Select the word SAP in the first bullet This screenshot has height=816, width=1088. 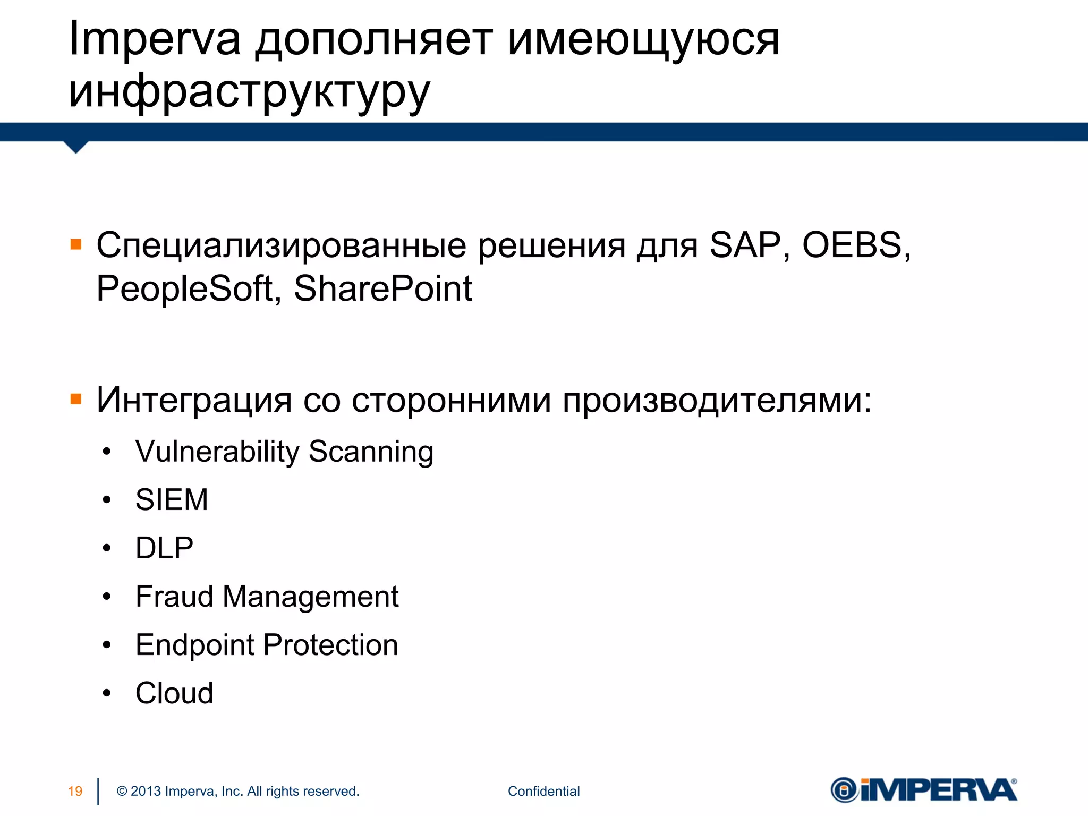click(745, 245)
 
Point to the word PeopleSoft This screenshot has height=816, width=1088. click(184, 289)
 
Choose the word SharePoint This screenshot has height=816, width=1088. click(382, 289)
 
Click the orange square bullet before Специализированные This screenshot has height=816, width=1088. click(76, 244)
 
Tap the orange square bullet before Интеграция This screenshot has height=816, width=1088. click(76, 399)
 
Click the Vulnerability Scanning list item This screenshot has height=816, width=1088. click(284, 452)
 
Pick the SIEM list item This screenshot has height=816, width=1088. click(172, 500)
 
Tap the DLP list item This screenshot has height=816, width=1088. click(164, 548)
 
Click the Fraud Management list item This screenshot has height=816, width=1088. click(267, 597)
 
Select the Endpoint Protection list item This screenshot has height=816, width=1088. click(267, 645)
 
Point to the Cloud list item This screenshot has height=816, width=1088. click(174, 693)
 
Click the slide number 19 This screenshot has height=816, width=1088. click(75, 791)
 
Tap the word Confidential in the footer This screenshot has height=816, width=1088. click(543, 791)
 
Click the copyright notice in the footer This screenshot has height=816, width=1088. click(238, 791)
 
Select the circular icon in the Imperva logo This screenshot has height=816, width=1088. click(844, 790)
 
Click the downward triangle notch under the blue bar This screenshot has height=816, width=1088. click(76, 146)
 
